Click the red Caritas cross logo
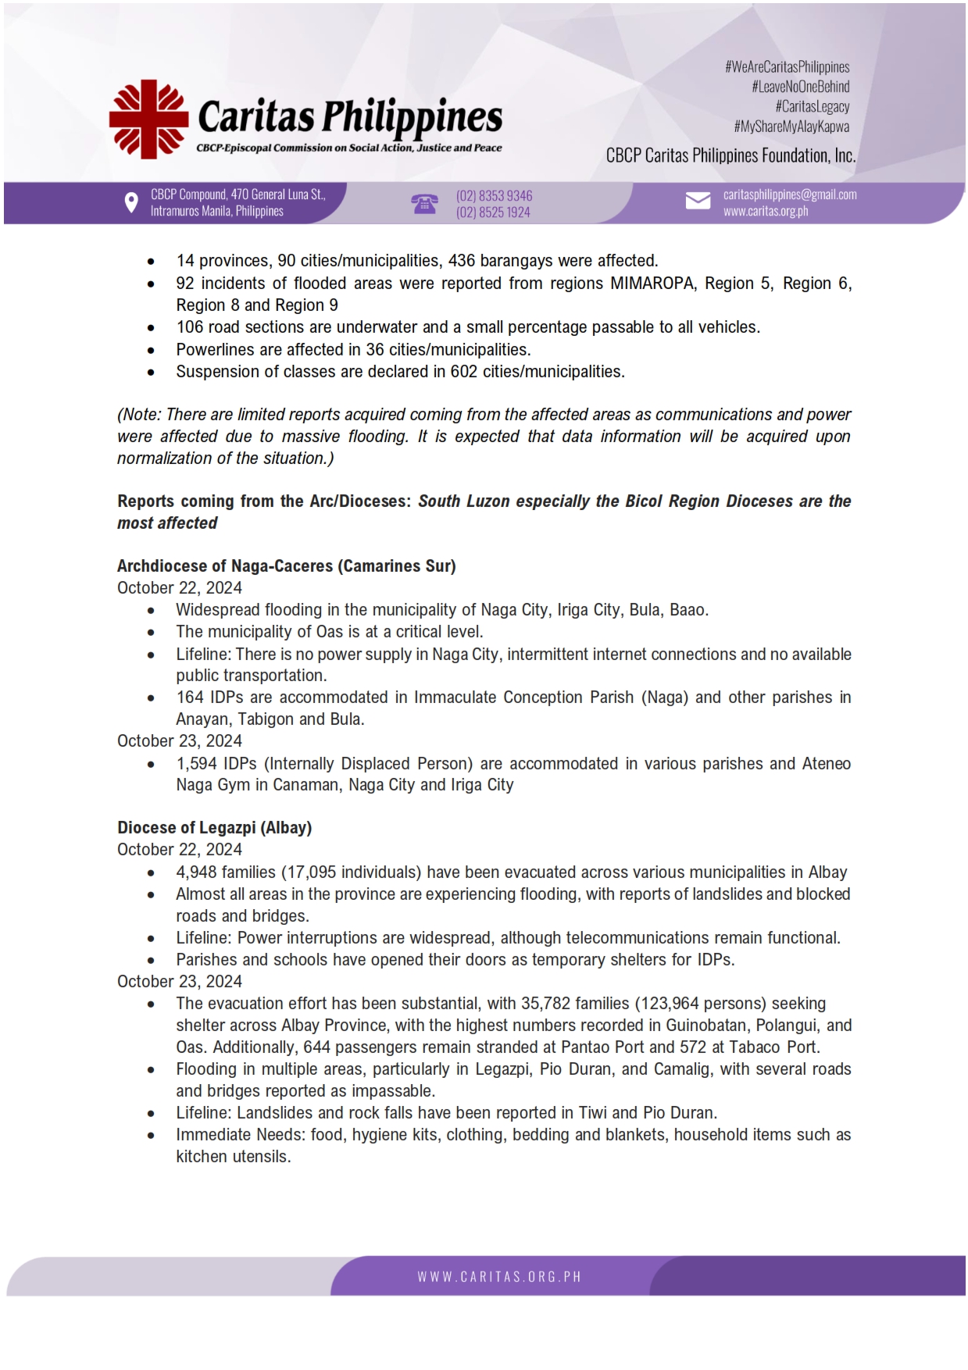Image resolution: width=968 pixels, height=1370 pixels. [x=148, y=119]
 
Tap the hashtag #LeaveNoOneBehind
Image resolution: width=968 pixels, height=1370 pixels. [x=800, y=87]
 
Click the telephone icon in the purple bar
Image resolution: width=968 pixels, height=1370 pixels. [x=424, y=204]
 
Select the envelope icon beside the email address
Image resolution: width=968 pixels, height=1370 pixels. [x=698, y=202]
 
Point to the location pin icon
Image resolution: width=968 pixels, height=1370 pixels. [x=131, y=203]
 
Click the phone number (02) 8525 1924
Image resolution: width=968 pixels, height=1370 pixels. [x=493, y=212]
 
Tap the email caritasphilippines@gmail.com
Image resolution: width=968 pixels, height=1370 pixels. [x=789, y=194]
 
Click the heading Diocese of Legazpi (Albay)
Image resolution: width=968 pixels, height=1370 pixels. [x=214, y=828]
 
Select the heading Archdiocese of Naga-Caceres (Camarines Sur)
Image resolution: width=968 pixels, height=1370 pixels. [x=286, y=566]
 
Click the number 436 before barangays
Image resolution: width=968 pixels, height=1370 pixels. [x=462, y=261]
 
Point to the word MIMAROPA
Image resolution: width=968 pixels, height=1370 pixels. [x=652, y=284]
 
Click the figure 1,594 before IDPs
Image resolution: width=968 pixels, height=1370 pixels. [x=196, y=764]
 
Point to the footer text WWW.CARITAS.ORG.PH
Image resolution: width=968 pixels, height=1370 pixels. [x=498, y=1276]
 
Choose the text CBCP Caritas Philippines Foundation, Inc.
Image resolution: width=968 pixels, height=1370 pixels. [x=730, y=156]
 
